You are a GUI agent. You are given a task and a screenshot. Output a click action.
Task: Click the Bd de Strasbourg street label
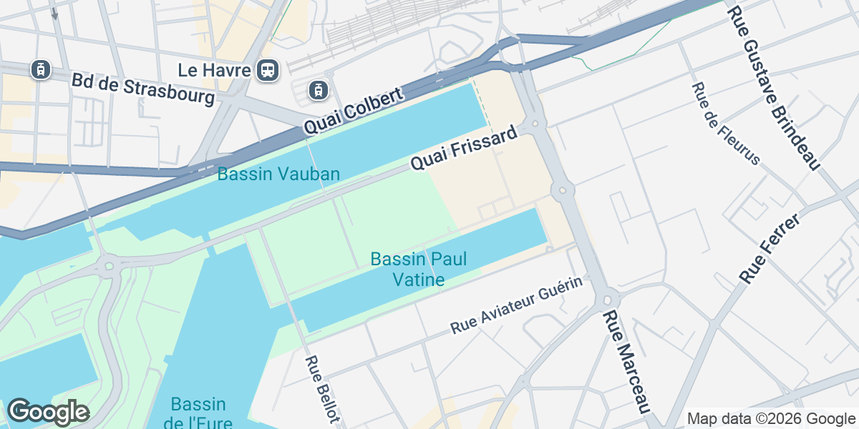pyautogui.click(x=143, y=88)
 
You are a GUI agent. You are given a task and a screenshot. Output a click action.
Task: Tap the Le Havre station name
pyautogui.click(x=215, y=70)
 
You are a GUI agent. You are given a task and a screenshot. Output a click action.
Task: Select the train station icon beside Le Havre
pyautogui.click(x=268, y=69)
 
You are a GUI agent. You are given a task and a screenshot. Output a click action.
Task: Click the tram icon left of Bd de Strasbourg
pyautogui.click(x=41, y=69)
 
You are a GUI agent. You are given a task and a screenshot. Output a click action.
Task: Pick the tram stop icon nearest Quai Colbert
pyautogui.click(x=319, y=90)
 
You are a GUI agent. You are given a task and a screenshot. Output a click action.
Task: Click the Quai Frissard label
pyautogui.click(x=463, y=149)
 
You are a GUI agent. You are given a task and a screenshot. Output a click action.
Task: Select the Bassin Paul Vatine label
pyautogui.click(x=419, y=269)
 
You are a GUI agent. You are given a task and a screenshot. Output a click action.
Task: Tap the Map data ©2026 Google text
pyautogui.click(x=771, y=418)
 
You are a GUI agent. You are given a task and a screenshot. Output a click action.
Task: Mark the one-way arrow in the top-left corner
pyautogui.click(x=54, y=13)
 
